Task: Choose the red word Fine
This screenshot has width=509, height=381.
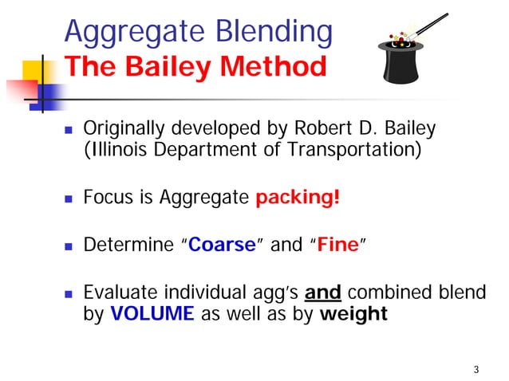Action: pyautogui.click(x=337, y=245)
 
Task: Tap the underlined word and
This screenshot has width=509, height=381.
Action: pyautogui.click(x=323, y=293)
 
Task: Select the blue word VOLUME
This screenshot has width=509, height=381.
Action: pyautogui.click(x=152, y=313)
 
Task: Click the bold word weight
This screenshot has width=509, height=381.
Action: pyautogui.click(x=353, y=313)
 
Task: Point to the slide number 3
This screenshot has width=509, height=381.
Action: pyautogui.click(x=475, y=368)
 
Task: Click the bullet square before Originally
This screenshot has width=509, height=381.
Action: pyautogui.click(x=69, y=128)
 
